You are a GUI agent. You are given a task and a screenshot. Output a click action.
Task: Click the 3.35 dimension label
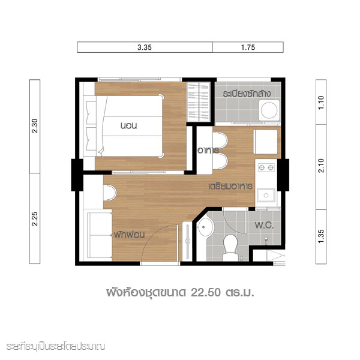(145, 47)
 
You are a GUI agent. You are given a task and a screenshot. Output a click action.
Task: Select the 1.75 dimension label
(248, 47)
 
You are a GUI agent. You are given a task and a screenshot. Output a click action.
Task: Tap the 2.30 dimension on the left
(35, 125)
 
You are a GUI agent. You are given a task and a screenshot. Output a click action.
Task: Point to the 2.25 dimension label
(35, 218)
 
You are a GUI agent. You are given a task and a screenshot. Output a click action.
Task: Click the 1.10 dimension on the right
(321, 103)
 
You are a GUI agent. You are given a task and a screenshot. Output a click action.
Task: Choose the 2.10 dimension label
(321, 166)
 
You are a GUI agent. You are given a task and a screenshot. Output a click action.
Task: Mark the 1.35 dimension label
(321, 236)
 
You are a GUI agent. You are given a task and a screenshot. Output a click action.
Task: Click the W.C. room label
(264, 225)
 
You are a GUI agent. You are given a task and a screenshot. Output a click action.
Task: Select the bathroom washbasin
(205, 227)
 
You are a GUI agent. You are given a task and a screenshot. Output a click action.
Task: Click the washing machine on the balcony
(269, 110)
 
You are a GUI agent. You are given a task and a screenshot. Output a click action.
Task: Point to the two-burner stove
(266, 167)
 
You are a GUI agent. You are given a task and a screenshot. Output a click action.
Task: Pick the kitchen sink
(266, 195)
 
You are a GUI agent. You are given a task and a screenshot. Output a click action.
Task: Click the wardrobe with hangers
(199, 102)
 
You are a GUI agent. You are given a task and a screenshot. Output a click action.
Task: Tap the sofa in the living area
(99, 235)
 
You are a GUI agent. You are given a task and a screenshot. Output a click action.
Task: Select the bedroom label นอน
(128, 126)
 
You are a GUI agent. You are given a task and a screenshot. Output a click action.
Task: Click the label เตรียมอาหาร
(230, 186)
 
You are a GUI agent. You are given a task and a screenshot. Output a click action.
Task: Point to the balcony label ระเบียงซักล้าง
(247, 94)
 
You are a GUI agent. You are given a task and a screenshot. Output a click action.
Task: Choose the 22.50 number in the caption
(206, 293)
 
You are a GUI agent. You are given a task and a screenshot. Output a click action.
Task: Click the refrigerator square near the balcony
(265, 142)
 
